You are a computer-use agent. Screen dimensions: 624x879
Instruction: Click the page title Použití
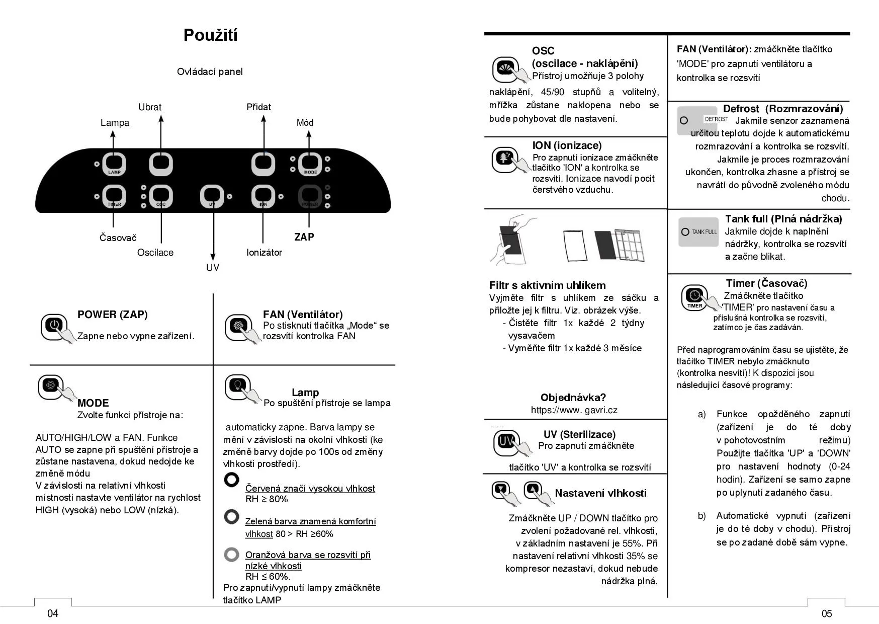(210, 35)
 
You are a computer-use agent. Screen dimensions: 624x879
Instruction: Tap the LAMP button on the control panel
(114, 164)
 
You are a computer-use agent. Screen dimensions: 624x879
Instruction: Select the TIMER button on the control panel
(114, 196)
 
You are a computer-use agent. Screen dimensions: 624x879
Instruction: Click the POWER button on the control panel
(310, 196)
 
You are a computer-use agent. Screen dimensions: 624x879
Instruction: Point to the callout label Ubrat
(150, 107)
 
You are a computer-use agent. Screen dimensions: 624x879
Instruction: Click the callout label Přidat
(258, 107)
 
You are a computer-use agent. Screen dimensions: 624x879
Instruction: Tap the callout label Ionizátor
(264, 253)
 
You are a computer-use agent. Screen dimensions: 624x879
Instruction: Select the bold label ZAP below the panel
(304, 237)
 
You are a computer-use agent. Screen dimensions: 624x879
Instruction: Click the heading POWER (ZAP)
(113, 315)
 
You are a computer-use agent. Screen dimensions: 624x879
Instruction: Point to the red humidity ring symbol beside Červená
(231, 480)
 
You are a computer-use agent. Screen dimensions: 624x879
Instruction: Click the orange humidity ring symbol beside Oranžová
(231, 555)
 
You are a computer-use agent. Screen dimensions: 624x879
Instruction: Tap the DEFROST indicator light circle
(684, 121)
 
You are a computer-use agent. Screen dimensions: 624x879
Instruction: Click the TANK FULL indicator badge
(698, 232)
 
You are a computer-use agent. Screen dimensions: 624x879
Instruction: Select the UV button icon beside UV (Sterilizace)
(506, 441)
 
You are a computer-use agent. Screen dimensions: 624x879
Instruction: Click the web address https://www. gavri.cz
(574, 410)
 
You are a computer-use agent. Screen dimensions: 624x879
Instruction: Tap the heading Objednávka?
(573, 398)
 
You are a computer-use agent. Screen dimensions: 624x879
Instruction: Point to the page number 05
(827, 613)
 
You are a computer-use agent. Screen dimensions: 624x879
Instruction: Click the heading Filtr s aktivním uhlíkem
(548, 285)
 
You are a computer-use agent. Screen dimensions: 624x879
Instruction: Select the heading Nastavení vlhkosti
(600, 493)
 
